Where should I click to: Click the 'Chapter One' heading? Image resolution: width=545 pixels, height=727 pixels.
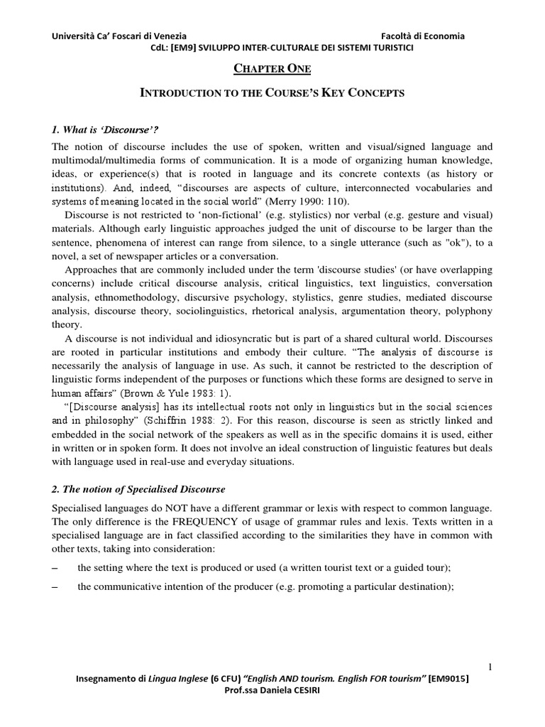(x=273, y=68)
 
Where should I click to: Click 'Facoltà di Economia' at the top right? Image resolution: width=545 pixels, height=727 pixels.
(x=422, y=36)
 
